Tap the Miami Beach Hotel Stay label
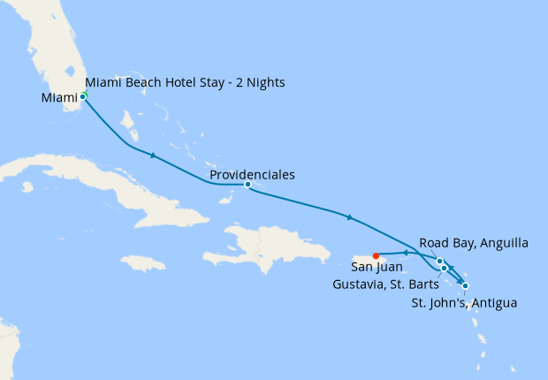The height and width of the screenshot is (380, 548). [168, 83]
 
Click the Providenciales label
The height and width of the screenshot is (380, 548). [253, 175]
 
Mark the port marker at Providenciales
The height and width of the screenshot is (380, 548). [247, 185]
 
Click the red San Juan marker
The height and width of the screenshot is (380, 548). [377, 256]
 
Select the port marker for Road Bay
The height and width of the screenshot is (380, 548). [439, 261]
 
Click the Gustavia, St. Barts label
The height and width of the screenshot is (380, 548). [385, 285]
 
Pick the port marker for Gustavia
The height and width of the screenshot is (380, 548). [445, 268]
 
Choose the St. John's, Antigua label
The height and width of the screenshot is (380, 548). [464, 303]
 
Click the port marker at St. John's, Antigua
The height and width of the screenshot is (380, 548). [465, 285]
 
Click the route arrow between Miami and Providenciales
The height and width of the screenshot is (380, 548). [154, 156]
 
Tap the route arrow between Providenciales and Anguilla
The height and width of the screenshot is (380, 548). [351, 217]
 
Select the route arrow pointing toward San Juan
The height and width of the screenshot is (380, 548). [404, 254]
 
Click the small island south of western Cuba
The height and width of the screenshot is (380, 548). [27, 186]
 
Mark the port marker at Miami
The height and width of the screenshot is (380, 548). [83, 95]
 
